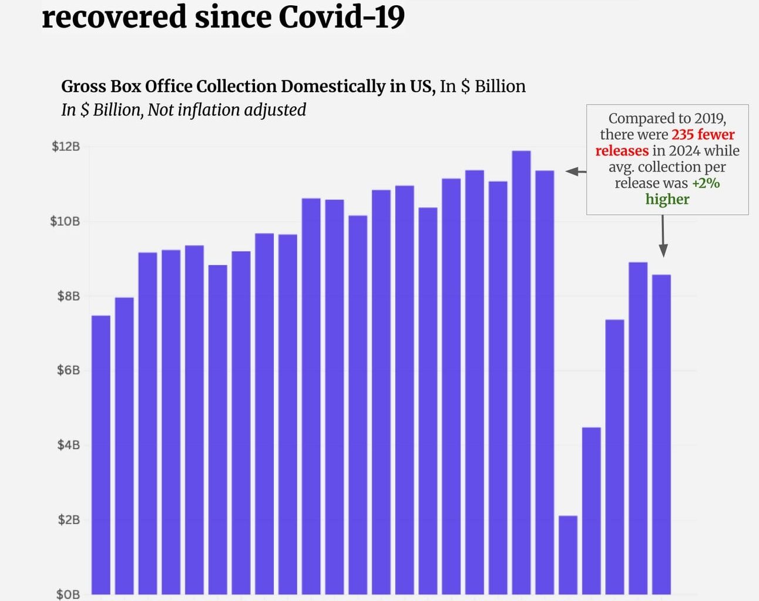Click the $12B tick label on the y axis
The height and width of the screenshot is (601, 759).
[65, 146]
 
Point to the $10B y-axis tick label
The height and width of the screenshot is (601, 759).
[65, 221]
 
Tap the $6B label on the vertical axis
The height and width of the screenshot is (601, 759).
[68, 370]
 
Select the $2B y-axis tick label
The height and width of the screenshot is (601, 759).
[68, 519]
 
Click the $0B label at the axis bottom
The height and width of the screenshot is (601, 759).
[68, 594]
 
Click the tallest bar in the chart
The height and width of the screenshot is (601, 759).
[521, 376]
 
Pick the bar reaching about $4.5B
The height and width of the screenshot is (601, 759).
[592, 511]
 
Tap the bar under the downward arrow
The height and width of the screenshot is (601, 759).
[661, 434]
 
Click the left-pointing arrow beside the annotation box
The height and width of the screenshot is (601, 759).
[575, 171]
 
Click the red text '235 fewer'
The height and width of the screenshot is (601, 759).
[703, 134]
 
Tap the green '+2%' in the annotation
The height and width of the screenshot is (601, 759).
[706, 183]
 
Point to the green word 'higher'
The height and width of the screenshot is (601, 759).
[667, 200]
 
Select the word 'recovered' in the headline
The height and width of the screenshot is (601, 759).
[114, 16]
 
